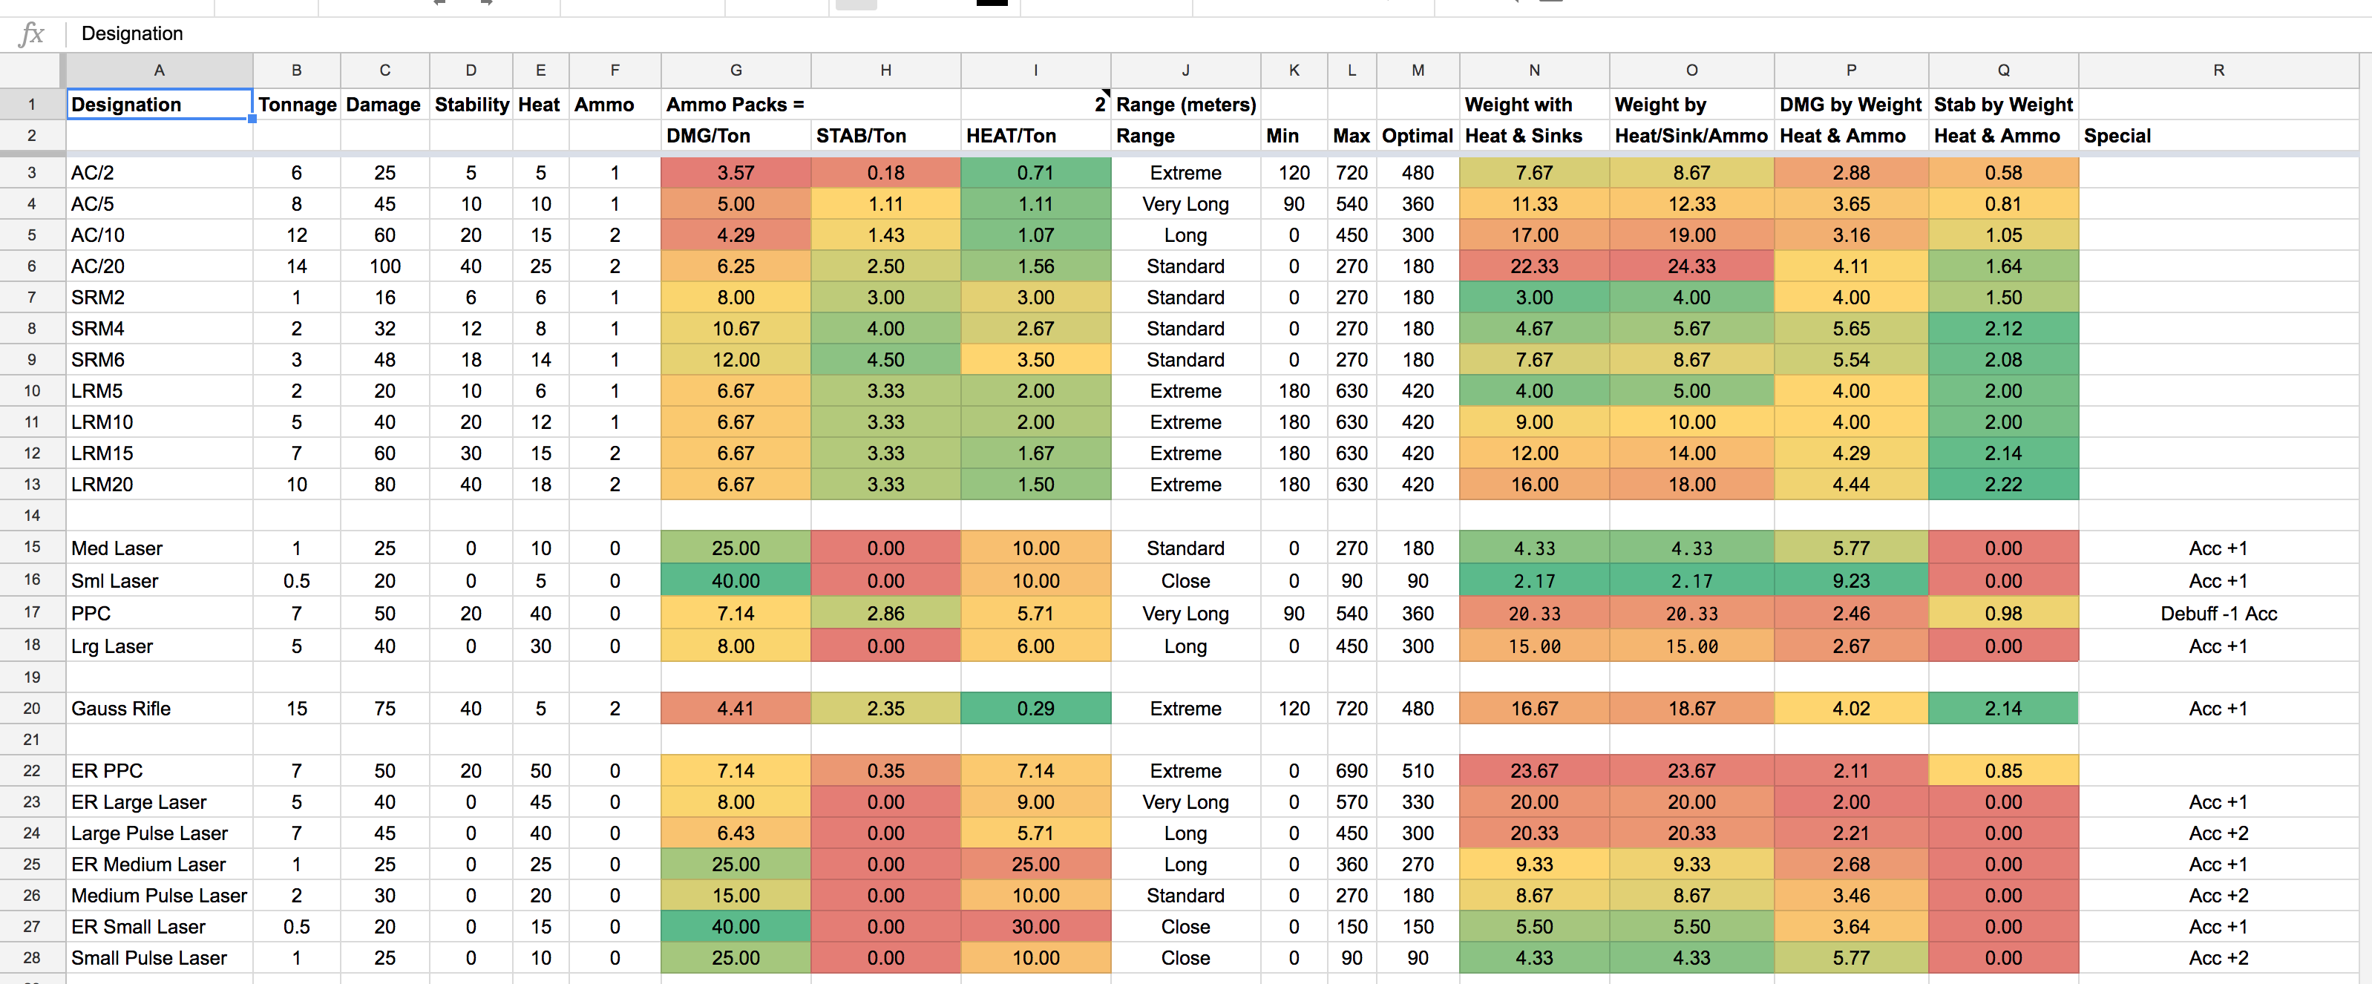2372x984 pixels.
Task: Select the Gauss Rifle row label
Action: point(121,708)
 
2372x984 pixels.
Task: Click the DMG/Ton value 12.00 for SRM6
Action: point(735,360)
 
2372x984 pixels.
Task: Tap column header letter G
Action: point(735,70)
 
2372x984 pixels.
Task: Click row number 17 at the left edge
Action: point(31,612)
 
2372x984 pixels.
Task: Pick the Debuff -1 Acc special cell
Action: point(2218,613)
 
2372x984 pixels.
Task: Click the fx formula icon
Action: point(31,34)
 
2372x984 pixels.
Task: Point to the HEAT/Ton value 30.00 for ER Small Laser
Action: point(1035,926)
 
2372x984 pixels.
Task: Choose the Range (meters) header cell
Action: point(1185,104)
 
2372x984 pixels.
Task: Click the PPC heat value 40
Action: point(540,613)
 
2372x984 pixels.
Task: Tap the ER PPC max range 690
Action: point(1351,770)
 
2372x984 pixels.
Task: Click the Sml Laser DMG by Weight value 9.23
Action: point(1850,581)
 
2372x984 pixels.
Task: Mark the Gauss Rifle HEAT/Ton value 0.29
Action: point(1035,708)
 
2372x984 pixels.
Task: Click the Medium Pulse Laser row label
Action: point(158,895)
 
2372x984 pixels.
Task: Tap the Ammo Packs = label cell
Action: point(735,104)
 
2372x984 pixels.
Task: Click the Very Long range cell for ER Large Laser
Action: point(1185,801)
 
